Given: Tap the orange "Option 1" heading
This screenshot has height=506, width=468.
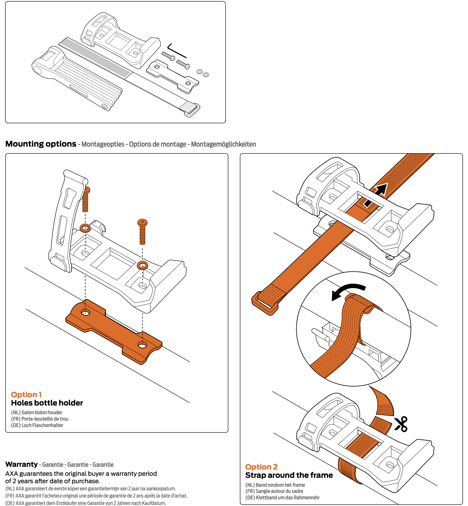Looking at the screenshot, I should [x=26, y=394].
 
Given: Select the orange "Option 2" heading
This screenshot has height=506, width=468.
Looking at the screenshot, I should [x=261, y=467].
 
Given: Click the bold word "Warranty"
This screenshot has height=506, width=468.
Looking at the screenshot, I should [x=22, y=464].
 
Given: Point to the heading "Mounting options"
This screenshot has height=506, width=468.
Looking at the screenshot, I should [x=41, y=144].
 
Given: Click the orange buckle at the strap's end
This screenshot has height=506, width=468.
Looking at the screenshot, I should [x=265, y=304].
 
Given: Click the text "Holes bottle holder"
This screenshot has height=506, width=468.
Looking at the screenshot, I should [x=47, y=403].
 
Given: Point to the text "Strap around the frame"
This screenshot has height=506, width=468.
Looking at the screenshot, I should [x=289, y=475].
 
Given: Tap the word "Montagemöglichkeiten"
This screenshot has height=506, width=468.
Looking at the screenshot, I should [x=223, y=144].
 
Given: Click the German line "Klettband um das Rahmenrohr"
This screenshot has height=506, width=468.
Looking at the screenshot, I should [x=288, y=498].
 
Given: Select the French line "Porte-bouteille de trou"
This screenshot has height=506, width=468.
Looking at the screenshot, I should [x=45, y=419].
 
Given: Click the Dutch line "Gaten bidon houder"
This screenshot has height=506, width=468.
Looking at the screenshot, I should [x=42, y=412].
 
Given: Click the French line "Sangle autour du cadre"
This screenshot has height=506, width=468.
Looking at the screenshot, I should [x=279, y=491].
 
